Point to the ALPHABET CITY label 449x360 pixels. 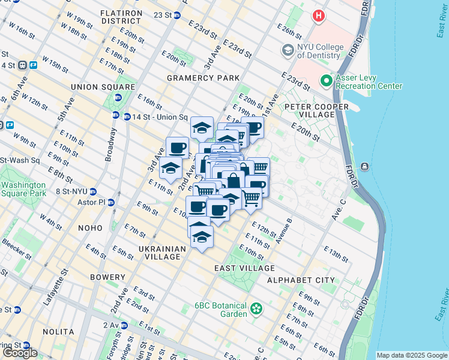coord(301,280)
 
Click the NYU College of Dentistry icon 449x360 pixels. coord(288,50)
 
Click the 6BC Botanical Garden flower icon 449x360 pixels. coord(257,309)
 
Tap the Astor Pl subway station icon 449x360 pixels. coord(111,203)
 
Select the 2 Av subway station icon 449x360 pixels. coord(124,325)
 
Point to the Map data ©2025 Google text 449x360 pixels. coord(411,355)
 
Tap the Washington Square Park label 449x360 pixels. coord(22,190)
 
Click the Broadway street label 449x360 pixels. coord(110,145)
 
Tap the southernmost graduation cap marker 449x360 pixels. coord(202,238)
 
